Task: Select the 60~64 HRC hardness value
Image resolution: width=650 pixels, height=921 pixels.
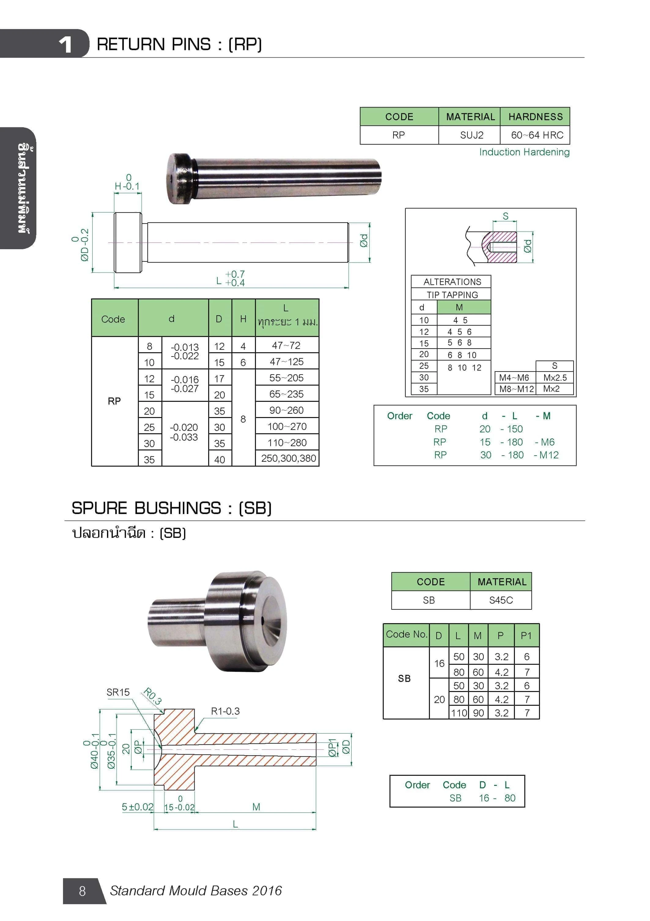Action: click(537, 135)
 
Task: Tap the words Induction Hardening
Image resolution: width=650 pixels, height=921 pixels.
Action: click(524, 152)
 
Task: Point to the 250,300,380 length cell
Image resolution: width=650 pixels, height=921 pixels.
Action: click(288, 458)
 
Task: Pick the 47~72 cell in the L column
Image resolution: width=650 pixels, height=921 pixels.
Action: click(286, 346)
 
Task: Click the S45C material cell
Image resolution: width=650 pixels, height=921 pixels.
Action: click(501, 600)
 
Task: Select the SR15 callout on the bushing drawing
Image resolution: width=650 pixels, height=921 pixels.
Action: click(118, 692)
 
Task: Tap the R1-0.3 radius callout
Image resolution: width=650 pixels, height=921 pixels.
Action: click(225, 711)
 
